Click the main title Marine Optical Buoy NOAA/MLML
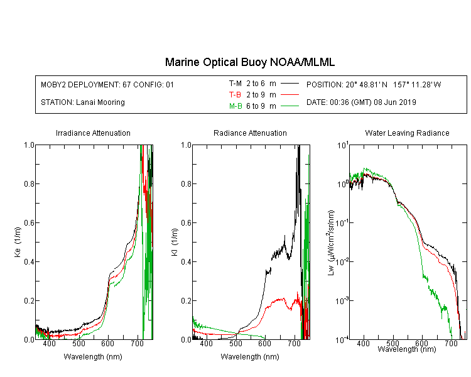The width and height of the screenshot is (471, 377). coord(249,62)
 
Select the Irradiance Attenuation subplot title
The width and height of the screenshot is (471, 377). coord(93,133)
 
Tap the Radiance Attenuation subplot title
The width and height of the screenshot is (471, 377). coord(250,133)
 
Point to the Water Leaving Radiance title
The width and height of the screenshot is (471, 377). coord(407,133)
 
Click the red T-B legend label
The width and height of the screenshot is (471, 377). coord(235,95)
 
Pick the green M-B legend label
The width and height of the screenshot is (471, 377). coord(235,106)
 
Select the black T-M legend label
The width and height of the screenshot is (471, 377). coord(235,84)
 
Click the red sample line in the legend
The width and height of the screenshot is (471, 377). coord(290,95)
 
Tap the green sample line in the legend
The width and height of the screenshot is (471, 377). coord(290,106)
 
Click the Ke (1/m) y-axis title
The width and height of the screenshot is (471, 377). coord(18,242)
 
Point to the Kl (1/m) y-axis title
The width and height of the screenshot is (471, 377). coord(175,242)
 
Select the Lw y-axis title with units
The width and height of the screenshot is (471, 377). coord(331,243)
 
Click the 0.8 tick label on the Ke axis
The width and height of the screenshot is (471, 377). coord(30,183)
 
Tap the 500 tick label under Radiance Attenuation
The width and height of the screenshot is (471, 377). coord(235,343)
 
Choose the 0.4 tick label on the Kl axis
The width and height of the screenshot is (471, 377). coord(187,261)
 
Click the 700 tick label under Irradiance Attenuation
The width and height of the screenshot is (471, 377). coord(138,343)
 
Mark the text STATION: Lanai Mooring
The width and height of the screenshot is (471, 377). coord(83,102)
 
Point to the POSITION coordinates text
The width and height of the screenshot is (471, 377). coord(374,84)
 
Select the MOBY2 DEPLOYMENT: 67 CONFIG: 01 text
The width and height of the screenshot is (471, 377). coord(107,84)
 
